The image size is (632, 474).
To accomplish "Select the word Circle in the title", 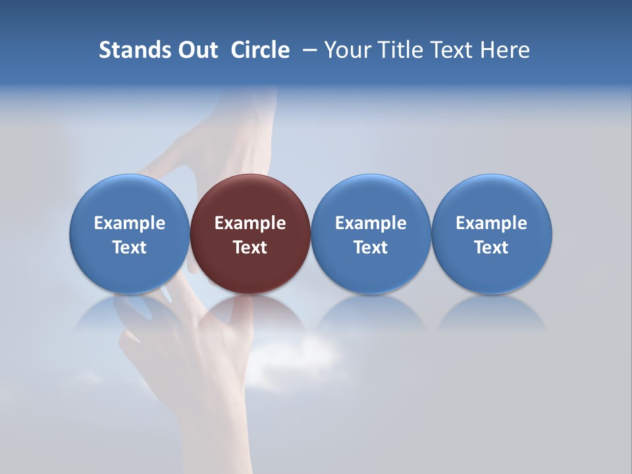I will (260, 50).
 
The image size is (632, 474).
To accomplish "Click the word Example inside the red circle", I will (250, 223).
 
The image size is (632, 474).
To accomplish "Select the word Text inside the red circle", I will (250, 248).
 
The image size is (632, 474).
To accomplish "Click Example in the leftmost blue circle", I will (130, 223).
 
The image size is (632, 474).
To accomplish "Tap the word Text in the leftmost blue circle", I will (130, 248).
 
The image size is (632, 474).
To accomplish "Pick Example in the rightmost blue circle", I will (491, 223).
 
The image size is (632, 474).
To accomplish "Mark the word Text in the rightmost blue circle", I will (491, 248).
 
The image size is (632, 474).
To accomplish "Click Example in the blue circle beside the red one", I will (371, 223).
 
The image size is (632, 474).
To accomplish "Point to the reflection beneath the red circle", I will (251, 312).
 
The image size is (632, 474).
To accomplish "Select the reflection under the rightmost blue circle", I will (491, 313).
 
